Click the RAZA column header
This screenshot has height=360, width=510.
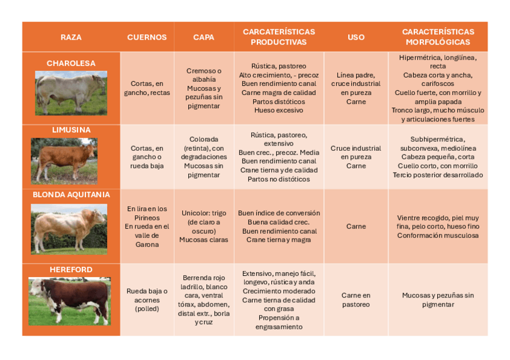coord(71,37)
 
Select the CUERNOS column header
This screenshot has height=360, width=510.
coord(147,37)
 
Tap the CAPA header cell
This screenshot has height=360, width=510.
coord(203,37)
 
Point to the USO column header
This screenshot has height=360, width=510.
coord(356,37)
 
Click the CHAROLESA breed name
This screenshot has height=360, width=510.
coord(71,63)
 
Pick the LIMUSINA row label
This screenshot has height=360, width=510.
coord(71,130)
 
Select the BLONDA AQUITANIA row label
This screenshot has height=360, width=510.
coord(71,195)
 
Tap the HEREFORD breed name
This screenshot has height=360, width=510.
coord(71,270)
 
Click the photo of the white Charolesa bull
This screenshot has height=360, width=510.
coord(71,93)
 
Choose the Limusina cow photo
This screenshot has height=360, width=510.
coord(64,160)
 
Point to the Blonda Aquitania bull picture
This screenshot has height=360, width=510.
coord(69,228)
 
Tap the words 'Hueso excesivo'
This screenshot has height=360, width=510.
coord(278,111)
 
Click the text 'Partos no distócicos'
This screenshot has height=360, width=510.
coord(278,179)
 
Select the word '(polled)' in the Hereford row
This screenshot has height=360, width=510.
coord(147,309)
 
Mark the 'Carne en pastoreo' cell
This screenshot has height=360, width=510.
coord(356,300)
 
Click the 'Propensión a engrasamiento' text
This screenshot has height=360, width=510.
coord(278,322)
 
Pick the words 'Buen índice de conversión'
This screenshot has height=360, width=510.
coord(278,213)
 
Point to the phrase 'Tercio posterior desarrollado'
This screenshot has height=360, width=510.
coord(438,175)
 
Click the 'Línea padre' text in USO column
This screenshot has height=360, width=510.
coord(356,75)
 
